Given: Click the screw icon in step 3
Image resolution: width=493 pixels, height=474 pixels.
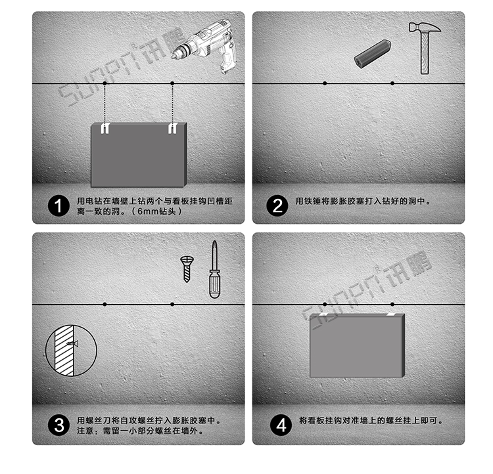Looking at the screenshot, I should click(186, 268).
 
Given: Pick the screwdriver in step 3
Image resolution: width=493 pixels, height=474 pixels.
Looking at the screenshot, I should click(214, 270).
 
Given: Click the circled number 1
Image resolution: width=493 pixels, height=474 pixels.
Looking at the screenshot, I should click(59, 206).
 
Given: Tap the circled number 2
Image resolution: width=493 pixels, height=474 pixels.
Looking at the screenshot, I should click(277, 206).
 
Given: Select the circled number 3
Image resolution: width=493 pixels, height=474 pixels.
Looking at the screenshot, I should click(59, 425).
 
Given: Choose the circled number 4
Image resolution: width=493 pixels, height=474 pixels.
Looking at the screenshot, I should click(281, 425).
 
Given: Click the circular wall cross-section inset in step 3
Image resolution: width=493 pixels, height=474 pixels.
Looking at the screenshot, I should click(70, 347).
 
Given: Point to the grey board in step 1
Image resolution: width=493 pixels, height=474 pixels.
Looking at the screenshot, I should click(138, 155).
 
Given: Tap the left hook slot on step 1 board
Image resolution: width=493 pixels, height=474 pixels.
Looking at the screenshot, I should click(104, 129).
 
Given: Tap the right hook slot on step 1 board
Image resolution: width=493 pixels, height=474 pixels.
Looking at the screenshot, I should click(172, 128).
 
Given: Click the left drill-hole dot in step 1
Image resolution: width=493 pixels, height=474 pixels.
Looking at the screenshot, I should click(104, 83).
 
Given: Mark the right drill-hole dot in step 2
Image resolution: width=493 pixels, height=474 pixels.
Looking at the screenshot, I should click(392, 83).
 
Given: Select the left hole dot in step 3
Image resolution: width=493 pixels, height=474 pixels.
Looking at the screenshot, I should click(104, 304).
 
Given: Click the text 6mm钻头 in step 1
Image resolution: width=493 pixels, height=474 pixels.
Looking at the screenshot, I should click(158, 212).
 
